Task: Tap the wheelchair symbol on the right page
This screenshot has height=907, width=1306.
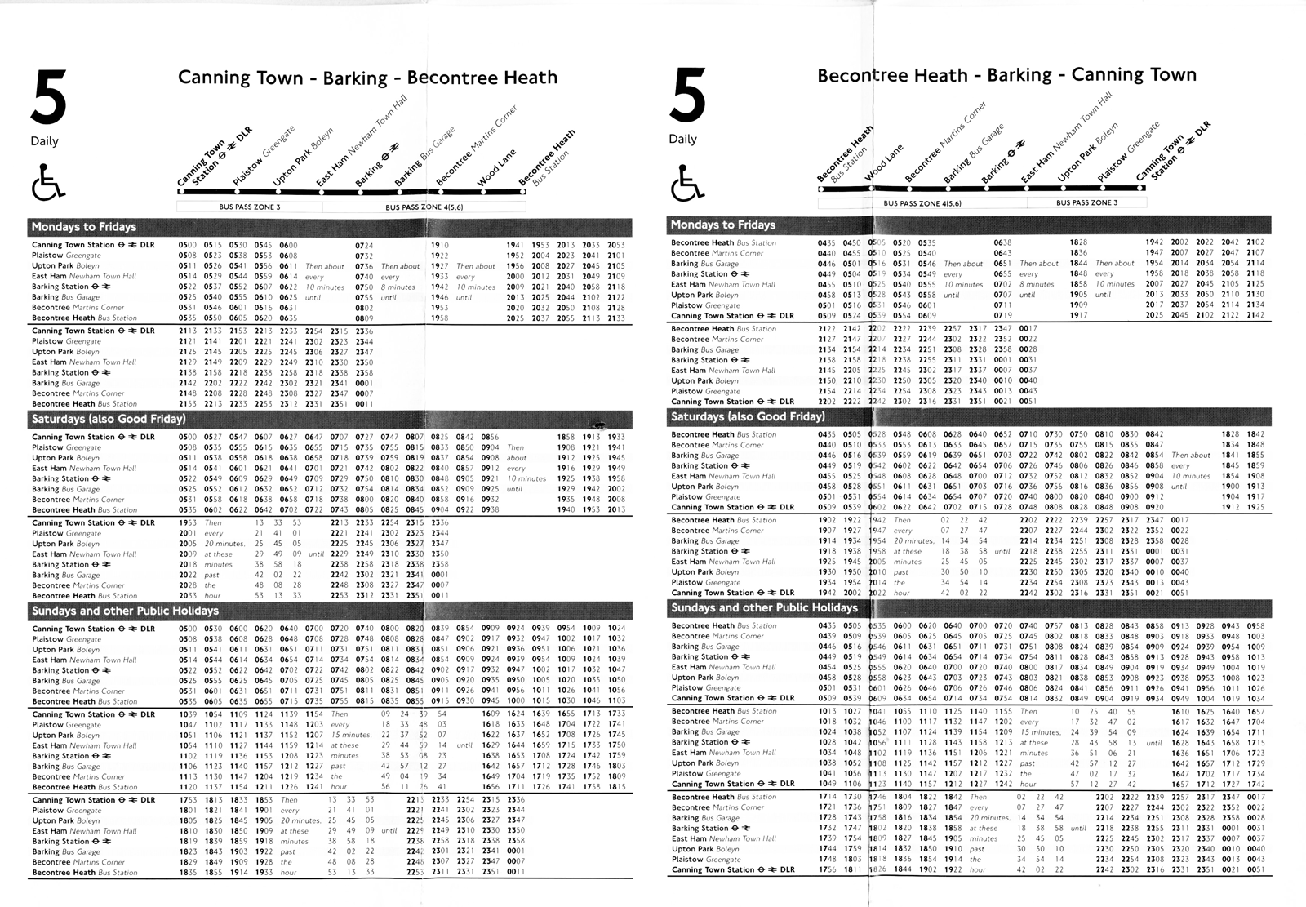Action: [686, 182]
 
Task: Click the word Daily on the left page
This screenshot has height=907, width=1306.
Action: [45, 141]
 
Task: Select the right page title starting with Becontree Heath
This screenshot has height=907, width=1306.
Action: [1006, 75]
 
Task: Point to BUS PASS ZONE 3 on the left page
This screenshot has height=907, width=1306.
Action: [249, 207]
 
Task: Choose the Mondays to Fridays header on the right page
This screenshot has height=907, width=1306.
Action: [722, 225]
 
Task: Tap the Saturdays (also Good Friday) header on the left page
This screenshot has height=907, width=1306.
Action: [109, 419]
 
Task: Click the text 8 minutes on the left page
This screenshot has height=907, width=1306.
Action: [398, 287]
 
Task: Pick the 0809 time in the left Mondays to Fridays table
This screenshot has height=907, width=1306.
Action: [364, 318]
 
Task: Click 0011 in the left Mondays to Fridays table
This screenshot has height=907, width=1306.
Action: [364, 404]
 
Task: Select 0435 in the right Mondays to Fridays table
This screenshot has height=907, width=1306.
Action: [826, 242]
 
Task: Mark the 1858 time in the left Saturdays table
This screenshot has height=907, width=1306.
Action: [566, 437]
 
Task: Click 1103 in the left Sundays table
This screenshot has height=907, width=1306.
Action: [616, 701]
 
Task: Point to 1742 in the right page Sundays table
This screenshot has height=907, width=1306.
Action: [1255, 785]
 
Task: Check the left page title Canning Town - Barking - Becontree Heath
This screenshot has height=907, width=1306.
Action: [367, 78]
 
